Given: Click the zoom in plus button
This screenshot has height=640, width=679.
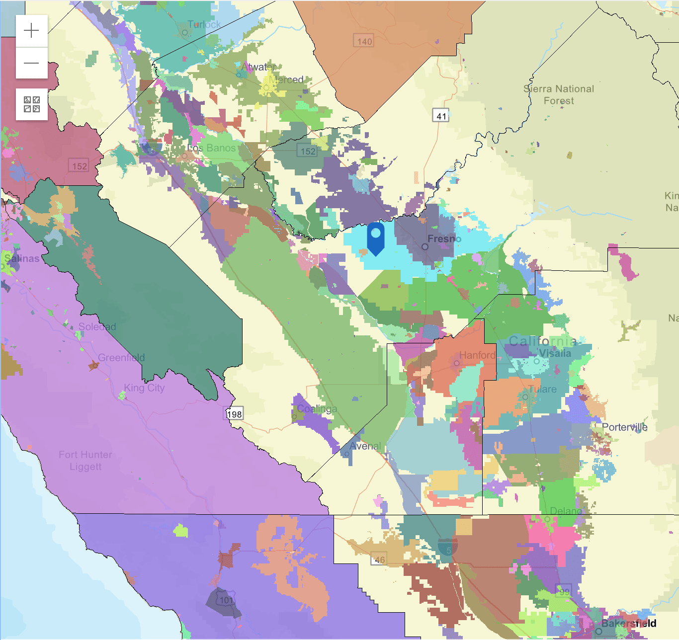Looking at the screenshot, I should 31,31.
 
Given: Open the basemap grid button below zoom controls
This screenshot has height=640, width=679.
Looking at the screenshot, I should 32,104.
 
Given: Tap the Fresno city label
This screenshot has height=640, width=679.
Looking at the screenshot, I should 444,239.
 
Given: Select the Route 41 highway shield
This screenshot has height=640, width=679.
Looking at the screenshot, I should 441,116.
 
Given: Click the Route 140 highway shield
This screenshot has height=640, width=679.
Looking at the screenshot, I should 364,42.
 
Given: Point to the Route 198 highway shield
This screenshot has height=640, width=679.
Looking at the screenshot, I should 235,414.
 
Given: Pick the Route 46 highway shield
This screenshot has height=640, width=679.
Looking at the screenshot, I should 379,560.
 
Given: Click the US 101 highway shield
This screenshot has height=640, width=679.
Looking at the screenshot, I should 226,600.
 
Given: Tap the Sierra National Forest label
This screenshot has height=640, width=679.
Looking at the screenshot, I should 559,95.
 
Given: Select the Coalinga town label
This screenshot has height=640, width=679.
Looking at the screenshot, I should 317,409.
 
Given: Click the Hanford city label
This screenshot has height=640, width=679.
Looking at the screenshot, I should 477,355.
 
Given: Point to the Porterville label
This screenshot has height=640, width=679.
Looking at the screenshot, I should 625,427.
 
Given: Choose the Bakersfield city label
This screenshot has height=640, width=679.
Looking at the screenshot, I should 629,624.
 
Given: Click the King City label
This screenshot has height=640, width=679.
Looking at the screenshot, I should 144,388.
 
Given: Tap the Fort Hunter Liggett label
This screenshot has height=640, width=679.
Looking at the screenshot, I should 85,461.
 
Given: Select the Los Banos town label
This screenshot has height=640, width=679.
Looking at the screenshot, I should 212,148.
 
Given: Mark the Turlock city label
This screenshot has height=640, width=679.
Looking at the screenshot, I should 204,24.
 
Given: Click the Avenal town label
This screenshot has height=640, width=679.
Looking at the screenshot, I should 365,446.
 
